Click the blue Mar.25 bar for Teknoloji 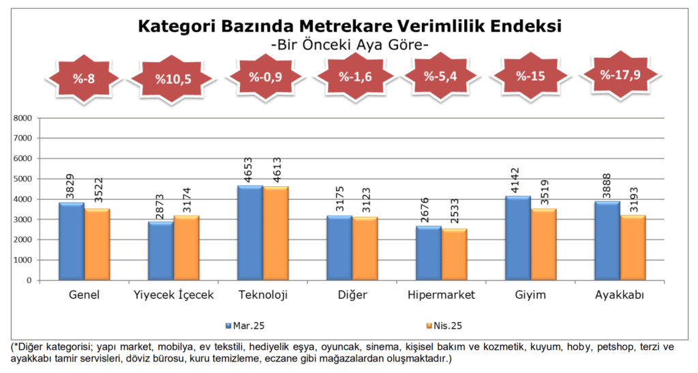[x=249, y=233]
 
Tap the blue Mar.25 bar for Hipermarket [x=428, y=253]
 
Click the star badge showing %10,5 [x=173, y=79]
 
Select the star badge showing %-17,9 [x=620, y=75]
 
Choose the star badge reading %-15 [x=530, y=76]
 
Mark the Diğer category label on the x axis [x=352, y=295]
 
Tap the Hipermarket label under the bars [x=441, y=295]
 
